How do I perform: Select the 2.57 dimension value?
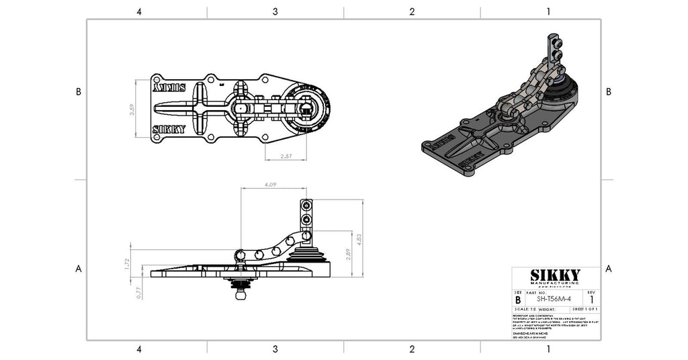[285, 156]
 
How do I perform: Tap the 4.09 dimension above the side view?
[271, 183]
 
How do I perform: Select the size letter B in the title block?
[517, 300]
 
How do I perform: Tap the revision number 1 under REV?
[591, 300]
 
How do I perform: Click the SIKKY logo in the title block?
[555, 275]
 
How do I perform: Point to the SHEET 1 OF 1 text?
[582, 308]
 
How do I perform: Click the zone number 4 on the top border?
[138, 11]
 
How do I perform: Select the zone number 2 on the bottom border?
[412, 349]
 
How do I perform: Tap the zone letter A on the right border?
[609, 269]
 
